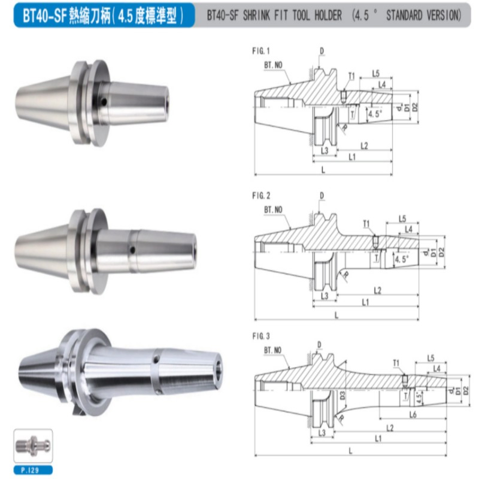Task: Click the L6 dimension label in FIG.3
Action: pyautogui.click(x=413, y=414)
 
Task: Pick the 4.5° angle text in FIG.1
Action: pyautogui.click(x=375, y=114)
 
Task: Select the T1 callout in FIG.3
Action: pyautogui.click(x=396, y=363)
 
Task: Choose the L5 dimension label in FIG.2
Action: pyautogui.click(x=402, y=219)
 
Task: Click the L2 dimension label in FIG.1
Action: pyautogui.click(x=364, y=146)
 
